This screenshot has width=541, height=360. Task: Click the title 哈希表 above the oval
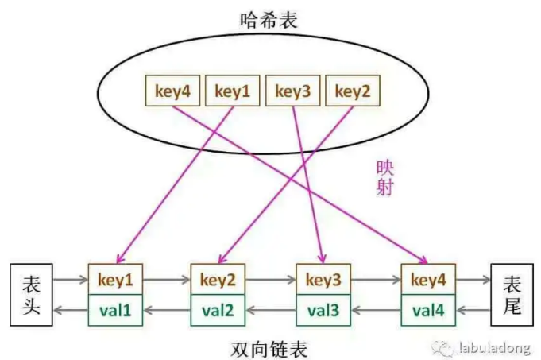269,20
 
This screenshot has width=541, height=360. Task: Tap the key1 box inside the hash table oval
232,91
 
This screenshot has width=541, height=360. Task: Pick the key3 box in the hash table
293,91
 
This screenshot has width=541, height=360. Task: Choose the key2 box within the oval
353,91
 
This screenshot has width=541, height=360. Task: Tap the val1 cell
115,309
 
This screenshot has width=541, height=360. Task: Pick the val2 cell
218,309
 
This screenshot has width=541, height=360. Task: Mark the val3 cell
323,309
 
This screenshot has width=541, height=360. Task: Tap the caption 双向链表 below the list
269,347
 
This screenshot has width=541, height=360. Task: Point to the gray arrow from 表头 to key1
71,280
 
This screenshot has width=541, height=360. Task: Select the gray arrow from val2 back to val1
167,310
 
